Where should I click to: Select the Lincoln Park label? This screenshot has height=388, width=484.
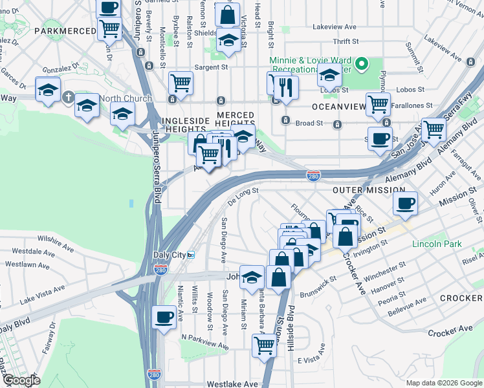tap(437, 244)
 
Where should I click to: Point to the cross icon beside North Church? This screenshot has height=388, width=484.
tap(67, 98)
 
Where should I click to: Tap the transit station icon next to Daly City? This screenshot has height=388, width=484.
tap(191, 254)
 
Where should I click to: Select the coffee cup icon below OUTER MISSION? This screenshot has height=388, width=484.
tap(406, 203)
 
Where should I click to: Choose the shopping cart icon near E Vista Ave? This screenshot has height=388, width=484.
tap(264, 347)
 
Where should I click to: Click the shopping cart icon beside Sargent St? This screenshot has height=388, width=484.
tap(181, 82)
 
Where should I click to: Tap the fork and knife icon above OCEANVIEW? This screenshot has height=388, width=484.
tap(285, 87)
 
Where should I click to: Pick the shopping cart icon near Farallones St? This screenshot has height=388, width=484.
tap(378, 103)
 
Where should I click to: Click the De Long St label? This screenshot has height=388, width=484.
tap(243, 191)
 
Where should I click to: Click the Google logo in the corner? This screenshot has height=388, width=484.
tap(21, 380)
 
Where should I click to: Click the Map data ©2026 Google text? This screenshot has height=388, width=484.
tap(443, 383)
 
